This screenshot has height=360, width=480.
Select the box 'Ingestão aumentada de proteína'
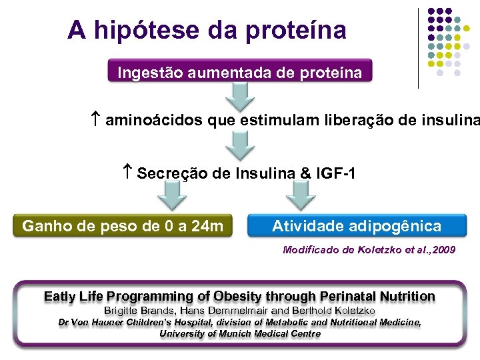click(x=240, y=73)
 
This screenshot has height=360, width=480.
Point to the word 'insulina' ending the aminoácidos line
click(x=451, y=121)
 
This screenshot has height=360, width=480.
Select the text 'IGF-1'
click(x=337, y=173)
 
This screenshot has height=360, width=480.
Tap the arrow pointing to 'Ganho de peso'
click(x=173, y=196)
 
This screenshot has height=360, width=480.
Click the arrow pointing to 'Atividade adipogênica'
click(x=301, y=196)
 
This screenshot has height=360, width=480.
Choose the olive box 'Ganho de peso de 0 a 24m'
click(x=123, y=226)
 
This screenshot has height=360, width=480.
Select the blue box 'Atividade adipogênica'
click(x=357, y=226)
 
